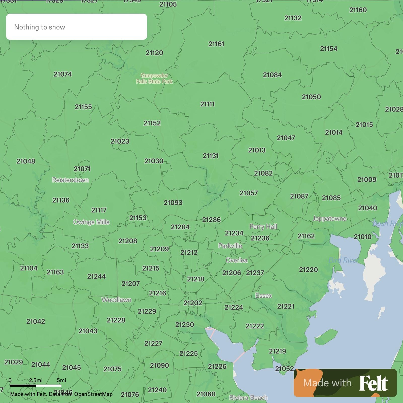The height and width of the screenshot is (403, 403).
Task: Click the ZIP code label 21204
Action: [180, 227]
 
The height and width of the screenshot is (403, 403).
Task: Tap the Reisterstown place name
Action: [71, 180]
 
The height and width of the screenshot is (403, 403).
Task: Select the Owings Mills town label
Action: [91, 222]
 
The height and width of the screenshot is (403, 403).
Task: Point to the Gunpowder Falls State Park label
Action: [154, 78]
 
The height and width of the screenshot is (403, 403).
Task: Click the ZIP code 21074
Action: [63, 74]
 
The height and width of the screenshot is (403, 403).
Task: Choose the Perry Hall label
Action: [263, 226]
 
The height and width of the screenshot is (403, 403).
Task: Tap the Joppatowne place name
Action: [329, 218]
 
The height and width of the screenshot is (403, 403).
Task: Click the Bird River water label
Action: [343, 260]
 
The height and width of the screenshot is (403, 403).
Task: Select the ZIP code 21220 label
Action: [308, 270]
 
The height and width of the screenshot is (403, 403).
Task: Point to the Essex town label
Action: [264, 295]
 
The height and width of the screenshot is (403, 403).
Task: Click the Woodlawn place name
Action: [116, 300]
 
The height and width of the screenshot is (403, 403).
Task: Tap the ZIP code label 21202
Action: [193, 303]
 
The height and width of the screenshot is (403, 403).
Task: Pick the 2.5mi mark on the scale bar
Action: [36, 380]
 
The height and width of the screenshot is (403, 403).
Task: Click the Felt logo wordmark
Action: [373, 383]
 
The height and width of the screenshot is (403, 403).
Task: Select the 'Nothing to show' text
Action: [40, 27]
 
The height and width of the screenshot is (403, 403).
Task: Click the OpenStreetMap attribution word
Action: [93, 394]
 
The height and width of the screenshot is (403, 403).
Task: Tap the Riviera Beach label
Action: [248, 397]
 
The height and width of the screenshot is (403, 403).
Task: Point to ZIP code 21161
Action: [216, 44]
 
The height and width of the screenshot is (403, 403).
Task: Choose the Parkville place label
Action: [230, 246]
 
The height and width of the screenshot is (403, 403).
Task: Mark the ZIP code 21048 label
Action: [26, 161]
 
